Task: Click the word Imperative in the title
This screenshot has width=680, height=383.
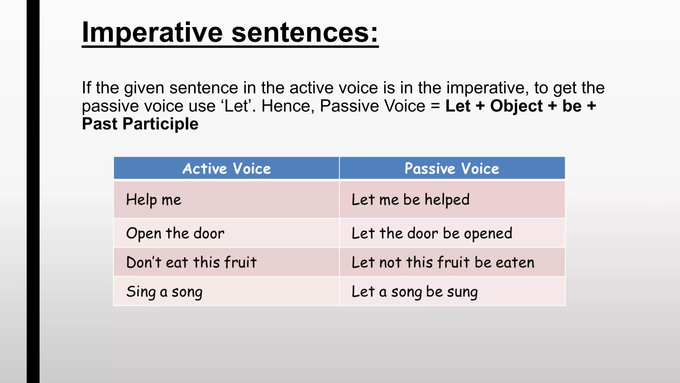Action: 152,33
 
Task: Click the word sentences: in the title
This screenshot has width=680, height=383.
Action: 305,33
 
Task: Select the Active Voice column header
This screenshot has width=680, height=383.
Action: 226,169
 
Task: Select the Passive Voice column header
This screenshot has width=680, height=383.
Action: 452,169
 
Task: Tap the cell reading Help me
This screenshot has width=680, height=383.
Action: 154,200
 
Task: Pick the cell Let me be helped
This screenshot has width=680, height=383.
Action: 410,200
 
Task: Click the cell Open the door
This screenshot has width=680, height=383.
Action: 175,233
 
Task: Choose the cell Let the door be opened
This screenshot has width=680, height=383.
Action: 432,233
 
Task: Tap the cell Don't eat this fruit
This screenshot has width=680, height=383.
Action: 191,262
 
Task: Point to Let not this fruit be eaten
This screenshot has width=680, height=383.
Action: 443,262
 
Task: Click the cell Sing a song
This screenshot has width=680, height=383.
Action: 164,292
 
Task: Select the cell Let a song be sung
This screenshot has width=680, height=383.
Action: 414,292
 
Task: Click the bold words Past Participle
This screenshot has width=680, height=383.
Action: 140,124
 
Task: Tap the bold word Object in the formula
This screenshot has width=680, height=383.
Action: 516,106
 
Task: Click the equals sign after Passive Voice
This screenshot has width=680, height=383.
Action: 435,106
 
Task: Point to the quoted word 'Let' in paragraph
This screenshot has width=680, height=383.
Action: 236,106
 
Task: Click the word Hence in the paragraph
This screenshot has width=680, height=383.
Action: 288,106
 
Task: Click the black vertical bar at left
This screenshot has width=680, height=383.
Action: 33,191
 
